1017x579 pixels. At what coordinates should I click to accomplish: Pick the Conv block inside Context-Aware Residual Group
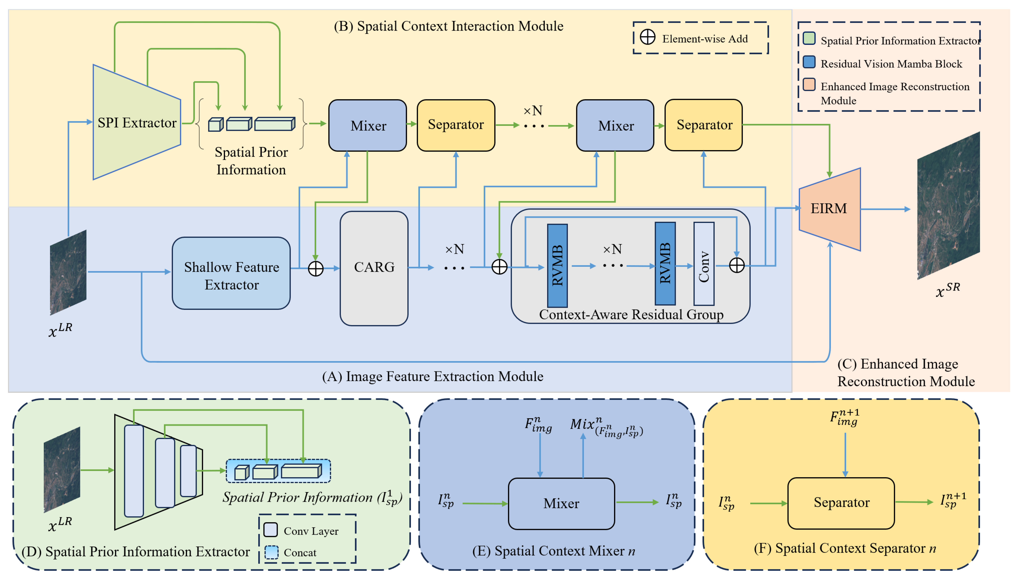coord(703,264)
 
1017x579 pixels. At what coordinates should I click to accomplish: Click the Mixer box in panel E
coord(561,503)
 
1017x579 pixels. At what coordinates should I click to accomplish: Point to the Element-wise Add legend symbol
coord(647,37)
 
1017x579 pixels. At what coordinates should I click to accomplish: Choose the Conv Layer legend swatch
coord(271,530)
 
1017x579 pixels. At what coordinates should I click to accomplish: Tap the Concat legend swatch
coord(271,552)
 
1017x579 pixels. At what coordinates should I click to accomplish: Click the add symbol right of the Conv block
coord(736,265)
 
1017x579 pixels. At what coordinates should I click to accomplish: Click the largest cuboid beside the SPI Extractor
coord(274,124)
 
